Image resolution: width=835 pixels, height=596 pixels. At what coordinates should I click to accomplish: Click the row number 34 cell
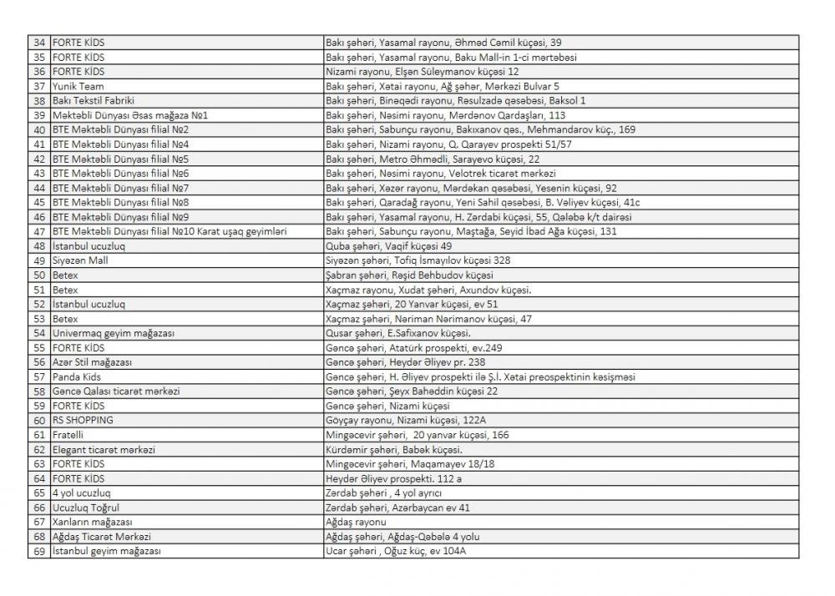(x=39, y=42)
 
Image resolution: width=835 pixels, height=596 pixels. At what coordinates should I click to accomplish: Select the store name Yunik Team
(x=78, y=86)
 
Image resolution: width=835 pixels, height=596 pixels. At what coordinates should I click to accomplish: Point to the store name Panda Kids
(x=77, y=376)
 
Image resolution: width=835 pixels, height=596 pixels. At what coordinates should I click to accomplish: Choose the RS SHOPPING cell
(x=83, y=420)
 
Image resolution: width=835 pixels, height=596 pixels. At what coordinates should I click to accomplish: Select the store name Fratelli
(x=68, y=435)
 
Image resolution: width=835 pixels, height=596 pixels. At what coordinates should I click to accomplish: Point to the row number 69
(x=39, y=551)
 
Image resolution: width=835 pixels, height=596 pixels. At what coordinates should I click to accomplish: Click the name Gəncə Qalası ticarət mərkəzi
(x=116, y=391)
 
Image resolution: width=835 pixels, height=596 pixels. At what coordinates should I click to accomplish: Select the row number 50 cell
(x=39, y=275)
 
